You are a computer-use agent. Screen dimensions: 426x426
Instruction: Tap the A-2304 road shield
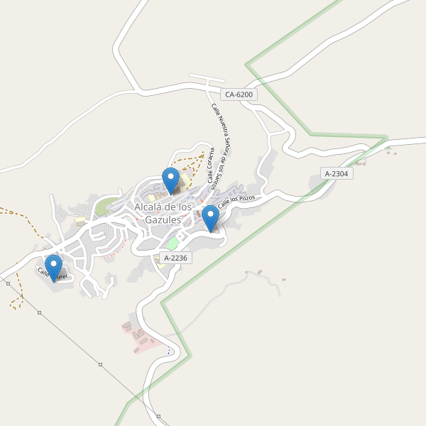point(337,173)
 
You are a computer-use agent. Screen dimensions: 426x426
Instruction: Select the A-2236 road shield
point(175,258)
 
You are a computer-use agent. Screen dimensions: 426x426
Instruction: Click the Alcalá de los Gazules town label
point(163,213)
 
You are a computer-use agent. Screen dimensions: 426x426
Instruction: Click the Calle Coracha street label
point(211,165)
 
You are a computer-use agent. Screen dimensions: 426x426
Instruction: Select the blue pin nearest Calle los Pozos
point(210,218)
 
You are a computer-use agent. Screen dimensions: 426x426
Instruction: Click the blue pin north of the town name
point(170,180)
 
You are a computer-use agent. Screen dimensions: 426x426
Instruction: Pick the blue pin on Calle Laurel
point(53,268)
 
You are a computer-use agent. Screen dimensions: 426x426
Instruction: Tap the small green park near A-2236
point(173,244)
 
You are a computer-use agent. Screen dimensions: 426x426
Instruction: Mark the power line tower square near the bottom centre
point(100,364)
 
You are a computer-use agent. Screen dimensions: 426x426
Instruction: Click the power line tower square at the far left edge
point(8,283)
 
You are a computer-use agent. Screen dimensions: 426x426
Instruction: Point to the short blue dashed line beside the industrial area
point(168,351)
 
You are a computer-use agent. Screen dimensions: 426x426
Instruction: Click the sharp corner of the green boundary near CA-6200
point(247,65)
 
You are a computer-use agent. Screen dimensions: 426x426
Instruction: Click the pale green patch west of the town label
point(104,207)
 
